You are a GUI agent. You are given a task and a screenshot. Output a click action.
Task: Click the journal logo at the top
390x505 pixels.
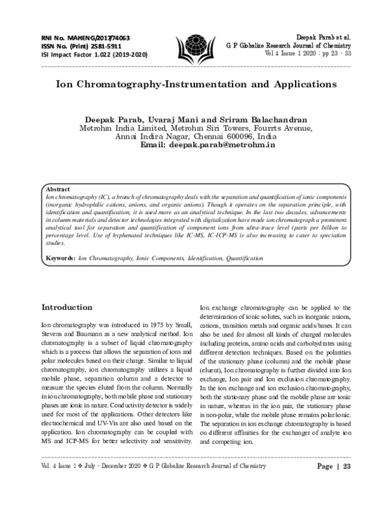tap(195, 47)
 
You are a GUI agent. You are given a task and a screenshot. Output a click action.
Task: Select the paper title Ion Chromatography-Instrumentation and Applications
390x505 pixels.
tap(195, 85)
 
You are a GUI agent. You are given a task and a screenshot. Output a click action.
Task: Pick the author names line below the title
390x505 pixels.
tap(195, 120)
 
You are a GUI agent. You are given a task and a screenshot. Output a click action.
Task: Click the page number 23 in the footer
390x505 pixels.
tap(346, 485)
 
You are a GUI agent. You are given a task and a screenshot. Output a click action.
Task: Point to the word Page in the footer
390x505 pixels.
tap(326, 485)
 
